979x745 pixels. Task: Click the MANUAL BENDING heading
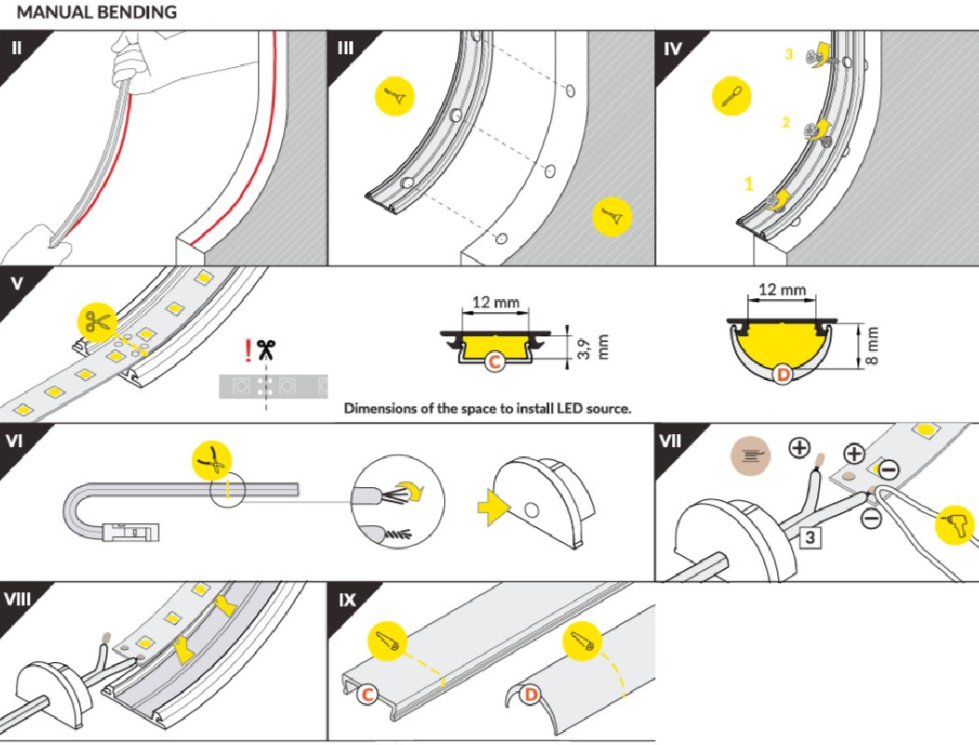point(97,13)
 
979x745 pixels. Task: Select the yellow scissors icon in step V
point(96,321)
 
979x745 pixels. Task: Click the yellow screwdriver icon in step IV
point(731,96)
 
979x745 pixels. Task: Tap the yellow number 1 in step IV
point(749,183)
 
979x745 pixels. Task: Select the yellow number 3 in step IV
point(788,55)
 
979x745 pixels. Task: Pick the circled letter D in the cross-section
point(784,375)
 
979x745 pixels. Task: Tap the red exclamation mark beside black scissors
point(248,350)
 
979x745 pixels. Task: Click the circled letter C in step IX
point(369,693)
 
